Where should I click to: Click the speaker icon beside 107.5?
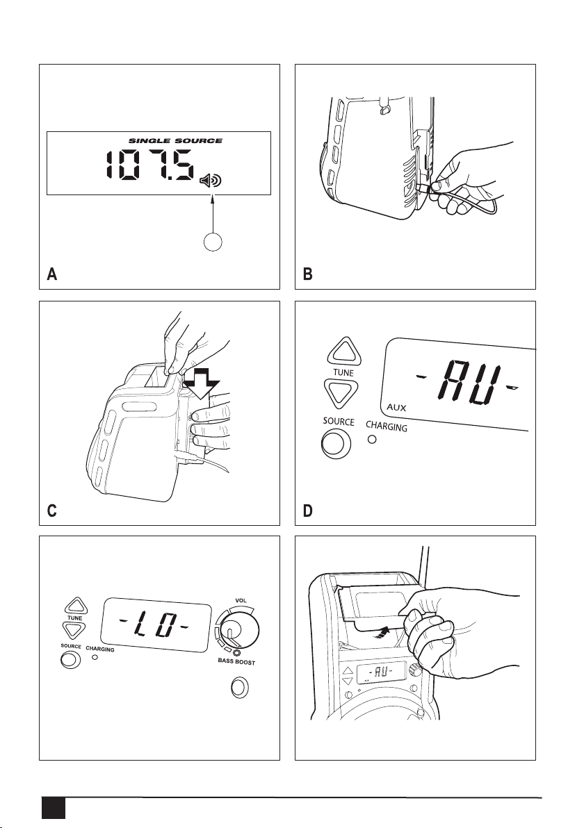coord(211,181)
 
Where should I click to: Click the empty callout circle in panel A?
coord(213,242)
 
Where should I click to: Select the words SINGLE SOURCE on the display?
coord(175,141)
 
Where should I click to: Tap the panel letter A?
coord(51,274)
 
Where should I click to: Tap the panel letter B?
coord(307,274)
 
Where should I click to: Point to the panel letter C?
coord(51,511)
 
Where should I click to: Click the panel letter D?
coord(307,511)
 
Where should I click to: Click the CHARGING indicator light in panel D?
coord(372,439)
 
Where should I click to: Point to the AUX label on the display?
coord(396,408)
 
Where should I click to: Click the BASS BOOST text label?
coord(237,662)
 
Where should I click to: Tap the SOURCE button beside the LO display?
coord(70,659)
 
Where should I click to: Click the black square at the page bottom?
coord(54,809)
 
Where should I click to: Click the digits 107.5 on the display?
coord(149,165)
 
